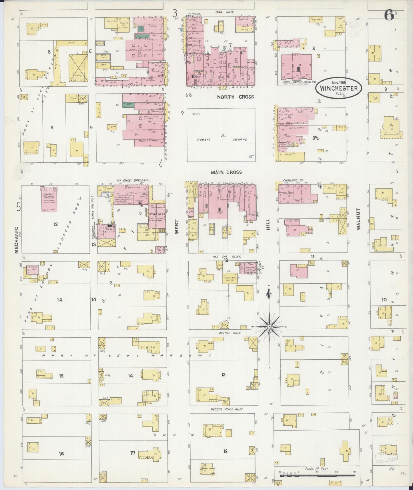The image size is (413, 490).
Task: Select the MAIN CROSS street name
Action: [226, 172]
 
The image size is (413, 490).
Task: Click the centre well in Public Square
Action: [223, 135]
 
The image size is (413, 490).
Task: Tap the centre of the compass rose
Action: [269, 326]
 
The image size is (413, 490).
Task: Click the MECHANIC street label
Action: [16, 240]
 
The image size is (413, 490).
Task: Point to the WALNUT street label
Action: [358, 219]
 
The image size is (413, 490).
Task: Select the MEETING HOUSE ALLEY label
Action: [226, 409]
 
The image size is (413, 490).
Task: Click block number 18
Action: [226, 451]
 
